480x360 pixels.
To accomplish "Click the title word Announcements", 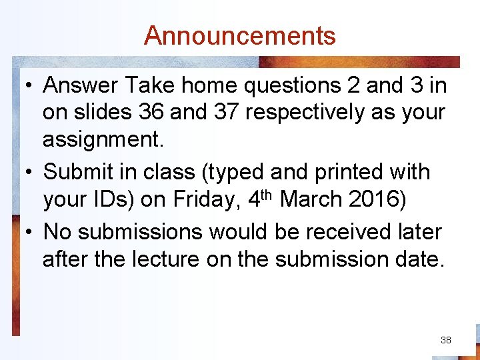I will [x=240, y=35].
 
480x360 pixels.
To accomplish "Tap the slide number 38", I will [x=446, y=340].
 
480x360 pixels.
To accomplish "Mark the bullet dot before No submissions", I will [x=29, y=232].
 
